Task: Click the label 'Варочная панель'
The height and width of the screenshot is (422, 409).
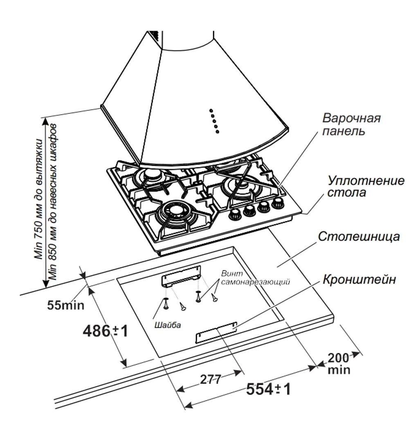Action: point(351,124)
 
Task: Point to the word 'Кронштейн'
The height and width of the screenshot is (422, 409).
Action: point(359,280)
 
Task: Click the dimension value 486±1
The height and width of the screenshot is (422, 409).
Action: point(106,330)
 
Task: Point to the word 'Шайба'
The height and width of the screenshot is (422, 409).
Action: point(168,325)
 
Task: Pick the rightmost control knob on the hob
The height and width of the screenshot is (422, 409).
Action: point(279,202)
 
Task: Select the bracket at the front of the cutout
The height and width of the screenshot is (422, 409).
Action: point(216,332)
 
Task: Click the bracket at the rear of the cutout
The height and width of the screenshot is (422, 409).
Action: point(181,275)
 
